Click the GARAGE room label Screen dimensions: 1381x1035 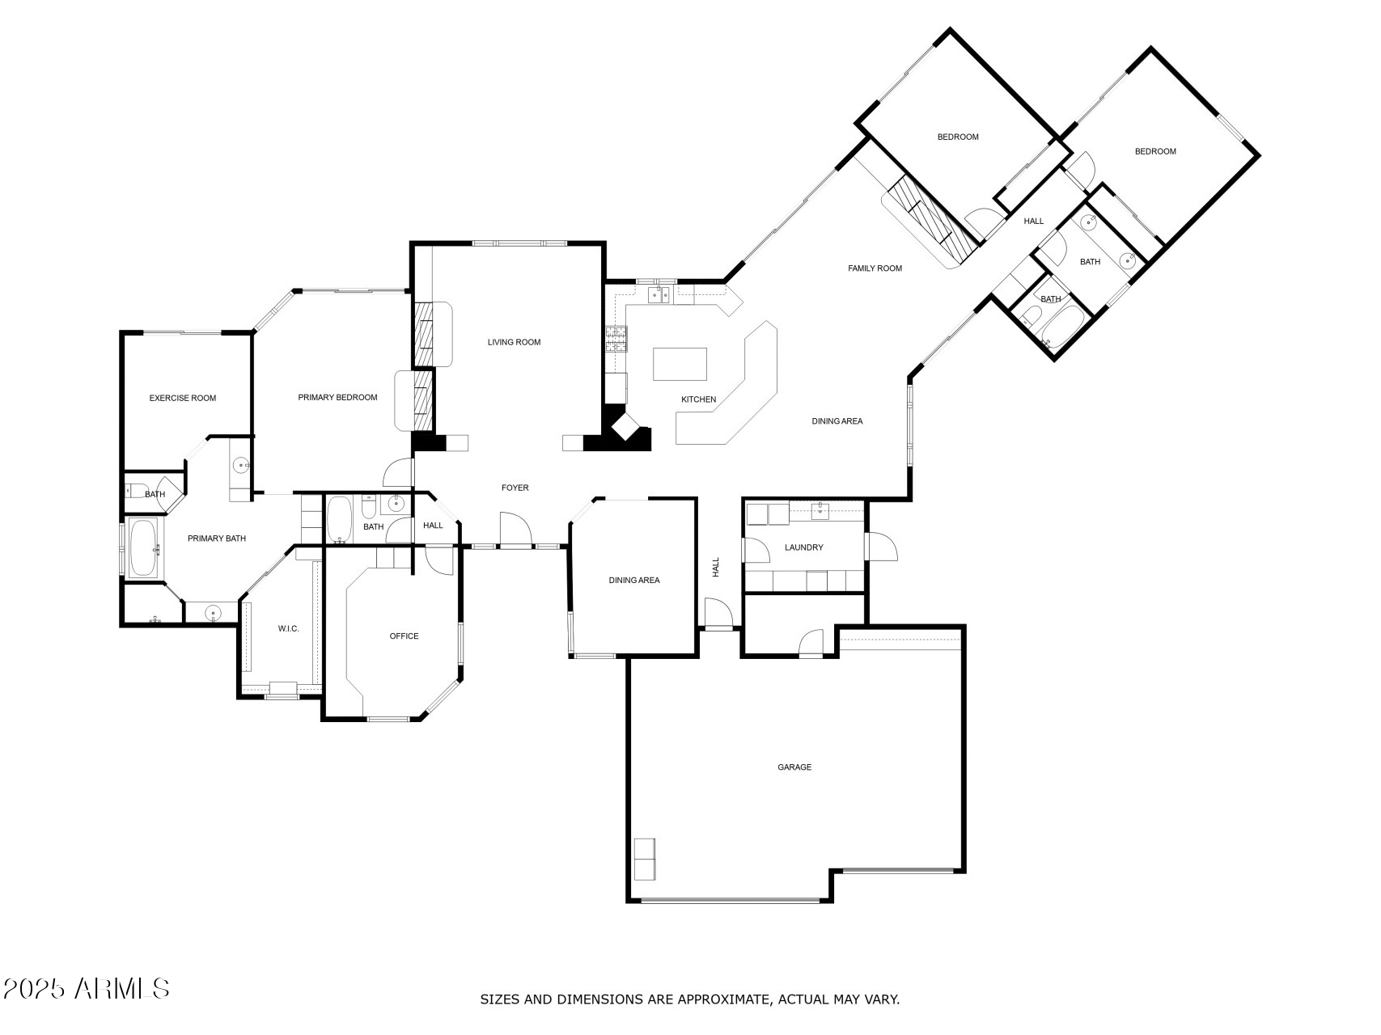pyautogui.click(x=794, y=767)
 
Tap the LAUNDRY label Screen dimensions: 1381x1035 pyautogui.click(x=803, y=547)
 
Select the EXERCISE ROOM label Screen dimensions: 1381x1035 pyautogui.click(x=183, y=398)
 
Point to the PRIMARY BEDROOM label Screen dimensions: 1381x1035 pyautogui.click(x=337, y=397)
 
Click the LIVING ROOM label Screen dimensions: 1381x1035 pyautogui.click(x=514, y=342)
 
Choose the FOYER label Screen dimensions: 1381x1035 pyautogui.click(x=515, y=488)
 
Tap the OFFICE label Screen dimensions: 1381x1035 pyautogui.click(x=404, y=636)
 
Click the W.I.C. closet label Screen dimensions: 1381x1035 pyautogui.click(x=289, y=628)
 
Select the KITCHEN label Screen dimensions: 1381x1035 pyautogui.click(x=698, y=399)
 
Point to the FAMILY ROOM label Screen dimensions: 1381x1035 pyautogui.click(x=875, y=268)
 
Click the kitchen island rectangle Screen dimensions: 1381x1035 pyautogui.click(x=680, y=364)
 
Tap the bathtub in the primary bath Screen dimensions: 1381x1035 pyautogui.click(x=145, y=548)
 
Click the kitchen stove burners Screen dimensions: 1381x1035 pyautogui.click(x=616, y=338)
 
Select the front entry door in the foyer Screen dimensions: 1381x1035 pyautogui.click(x=515, y=530)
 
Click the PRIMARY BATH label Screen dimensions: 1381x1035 pyautogui.click(x=217, y=539)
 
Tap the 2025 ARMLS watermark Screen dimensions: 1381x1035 pyautogui.click(x=86, y=988)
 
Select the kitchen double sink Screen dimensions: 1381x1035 pyautogui.click(x=659, y=294)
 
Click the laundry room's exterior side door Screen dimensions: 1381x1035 pyautogui.click(x=881, y=547)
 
